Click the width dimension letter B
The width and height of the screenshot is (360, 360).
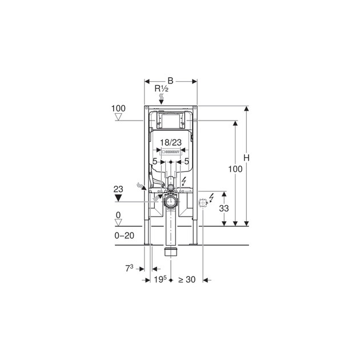pyautogui.click(x=170, y=81)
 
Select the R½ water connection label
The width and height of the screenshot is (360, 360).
pyautogui.click(x=162, y=89)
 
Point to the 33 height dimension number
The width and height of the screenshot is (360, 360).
pyautogui.click(x=225, y=209)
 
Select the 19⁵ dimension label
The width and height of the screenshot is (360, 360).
pyautogui.click(x=161, y=279)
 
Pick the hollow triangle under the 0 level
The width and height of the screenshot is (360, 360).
pyautogui.click(x=119, y=223)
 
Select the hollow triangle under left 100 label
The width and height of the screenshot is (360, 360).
pyautogui.click(x=119, y=117)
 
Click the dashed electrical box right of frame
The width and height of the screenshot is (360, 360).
pyautogui.click(x=203, y=202)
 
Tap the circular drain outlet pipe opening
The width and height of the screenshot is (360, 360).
pyautogui.click(x=170, y=202)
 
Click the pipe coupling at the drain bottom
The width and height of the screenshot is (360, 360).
pyautogui.click(x=170, y=251)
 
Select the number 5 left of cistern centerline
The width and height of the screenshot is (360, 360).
pyautogui.click(x=155, y=162)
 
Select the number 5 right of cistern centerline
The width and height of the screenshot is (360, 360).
pyautogui.click(x=186, y=162)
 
